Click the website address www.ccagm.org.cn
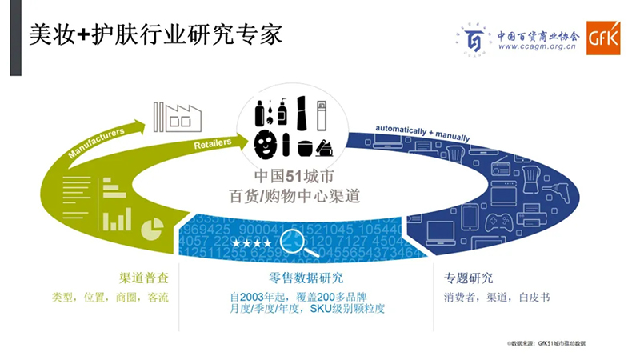(x=536, y=47)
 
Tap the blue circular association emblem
(x=474, y=38)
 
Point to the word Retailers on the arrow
(x=212, y=142)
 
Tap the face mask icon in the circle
(x=265, y=142)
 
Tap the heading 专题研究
(x=469, y=278)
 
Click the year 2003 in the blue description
(x=253, y=295)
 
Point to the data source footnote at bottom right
(x=546, y=342)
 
